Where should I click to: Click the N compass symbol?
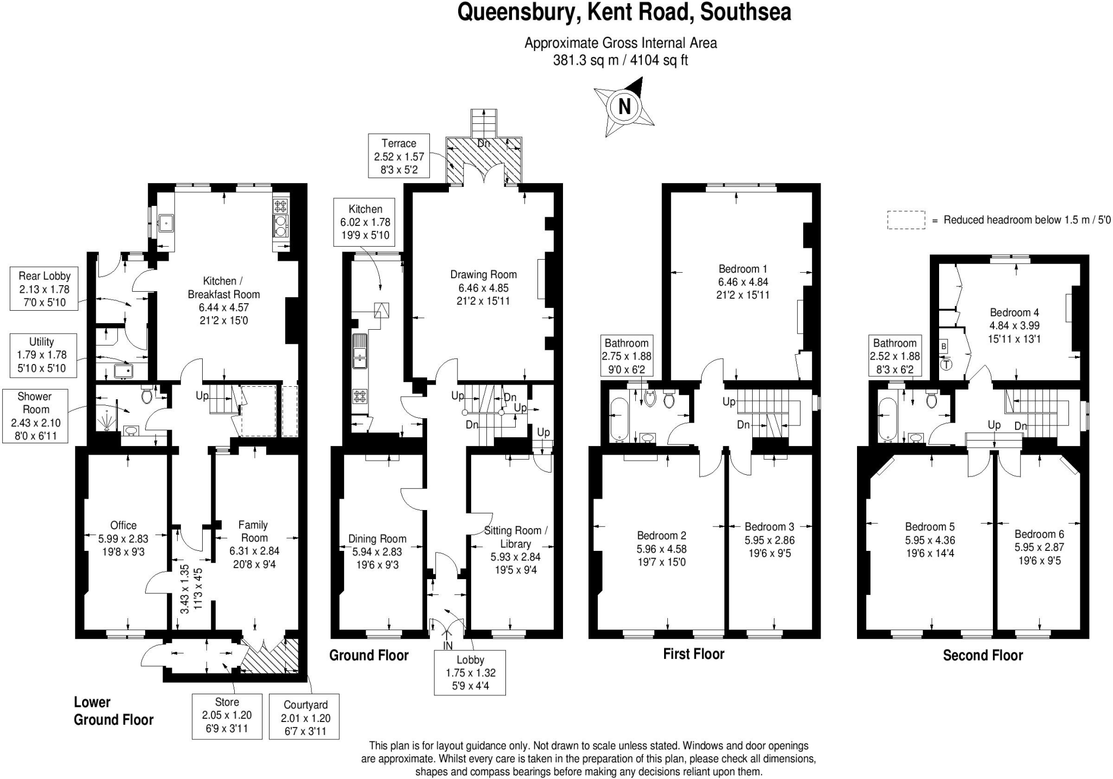click(x=624, y=106)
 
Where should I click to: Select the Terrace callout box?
click(x=398, y=156)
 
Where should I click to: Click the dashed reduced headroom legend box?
click(x=906, y=220)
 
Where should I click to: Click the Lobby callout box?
click(x=470, y=673)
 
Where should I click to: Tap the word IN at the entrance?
click(x=448, y=646)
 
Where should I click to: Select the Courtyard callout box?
click(x=305, y=718)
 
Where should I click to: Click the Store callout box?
click(x=227, y=715)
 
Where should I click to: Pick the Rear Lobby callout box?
click(x=44, y=289)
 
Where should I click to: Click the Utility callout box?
click(x=41, y=355)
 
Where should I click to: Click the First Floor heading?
click(x=693, y=654)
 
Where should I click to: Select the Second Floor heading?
click(x=983, y=655)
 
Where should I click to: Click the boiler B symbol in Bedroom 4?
click(x=944, y=346)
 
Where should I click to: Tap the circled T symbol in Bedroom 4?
click(x=946, y=365)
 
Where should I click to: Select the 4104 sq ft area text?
click(x=659, y=60)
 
